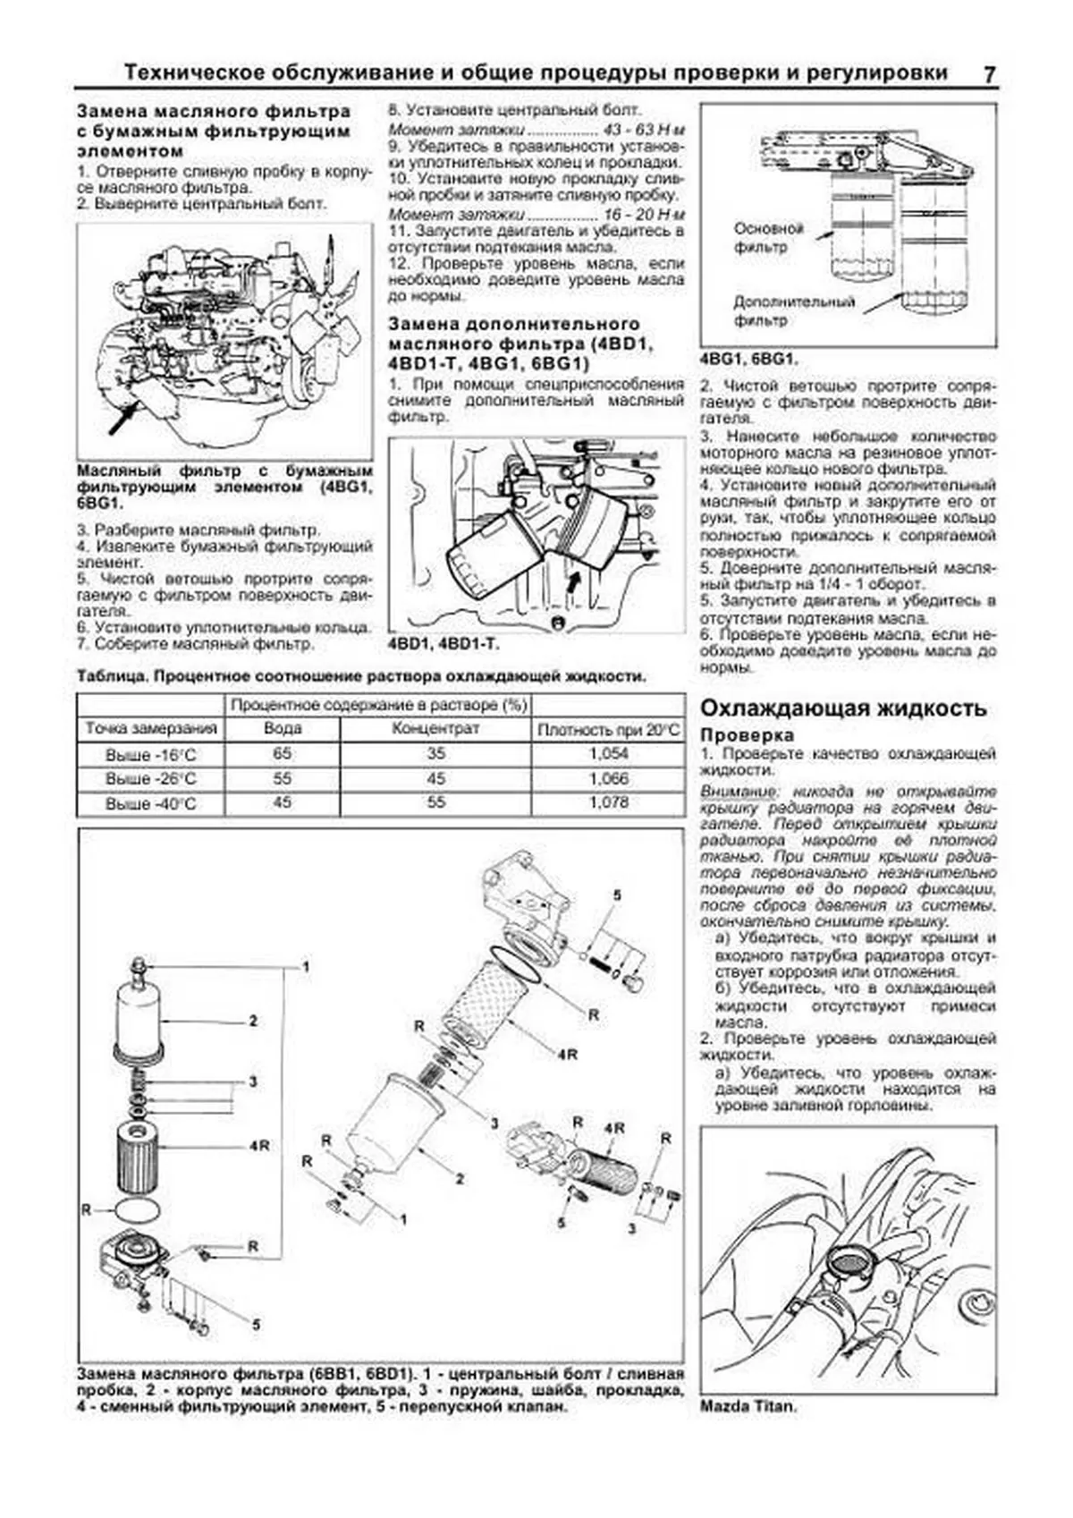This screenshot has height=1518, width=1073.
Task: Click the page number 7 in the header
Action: (989, 74)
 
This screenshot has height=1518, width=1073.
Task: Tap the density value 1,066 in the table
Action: (608, 778)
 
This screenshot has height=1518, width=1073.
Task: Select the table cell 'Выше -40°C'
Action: (150, 803)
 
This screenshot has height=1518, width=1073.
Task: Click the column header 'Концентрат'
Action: (435, 728)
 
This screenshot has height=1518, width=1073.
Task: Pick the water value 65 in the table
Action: (282, 753)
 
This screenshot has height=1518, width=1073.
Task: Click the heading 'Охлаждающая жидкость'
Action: (842, 708)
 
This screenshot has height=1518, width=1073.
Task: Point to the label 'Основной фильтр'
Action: (768, 238)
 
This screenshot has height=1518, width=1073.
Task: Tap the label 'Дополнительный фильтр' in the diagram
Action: (793, 310)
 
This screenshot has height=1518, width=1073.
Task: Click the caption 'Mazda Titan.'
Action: (748, 1406)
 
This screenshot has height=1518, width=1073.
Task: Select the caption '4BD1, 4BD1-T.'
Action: (444, 644)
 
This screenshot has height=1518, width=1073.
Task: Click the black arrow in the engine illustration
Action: (123, 419)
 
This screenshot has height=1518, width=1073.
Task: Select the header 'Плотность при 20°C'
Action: (608, 729)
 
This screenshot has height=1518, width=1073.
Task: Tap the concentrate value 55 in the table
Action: (435, 802)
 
